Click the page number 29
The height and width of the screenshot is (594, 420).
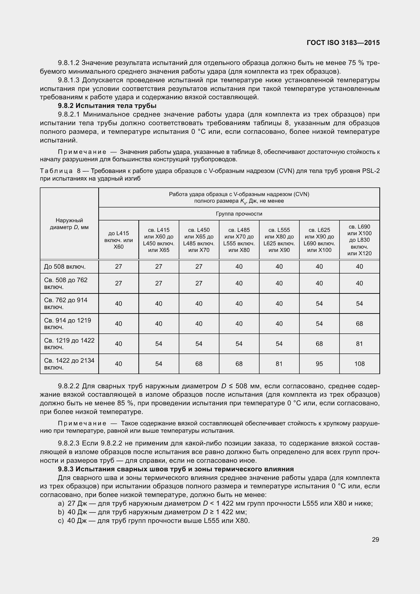[375, 539]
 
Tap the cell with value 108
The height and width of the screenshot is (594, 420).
[359, 364]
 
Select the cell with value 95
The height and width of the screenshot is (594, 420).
[319, 364]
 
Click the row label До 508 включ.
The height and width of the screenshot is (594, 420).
[65, 266]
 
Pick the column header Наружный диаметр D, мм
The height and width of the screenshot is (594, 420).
[69, 224]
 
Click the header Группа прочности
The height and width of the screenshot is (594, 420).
[239, 214]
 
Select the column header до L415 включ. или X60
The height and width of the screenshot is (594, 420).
[118, 240]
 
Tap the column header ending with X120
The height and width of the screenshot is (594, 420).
[359, 240]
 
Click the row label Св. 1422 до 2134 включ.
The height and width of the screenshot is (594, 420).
[69, 364]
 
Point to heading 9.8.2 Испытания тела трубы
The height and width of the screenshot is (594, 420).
[107, 106]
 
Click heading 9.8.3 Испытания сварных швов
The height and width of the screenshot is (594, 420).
[176, 469]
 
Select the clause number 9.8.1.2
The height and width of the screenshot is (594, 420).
[68, 63]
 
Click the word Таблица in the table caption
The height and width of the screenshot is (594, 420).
[56, 171]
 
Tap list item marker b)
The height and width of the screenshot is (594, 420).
[61, 512]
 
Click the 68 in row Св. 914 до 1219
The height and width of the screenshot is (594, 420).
[359, 324]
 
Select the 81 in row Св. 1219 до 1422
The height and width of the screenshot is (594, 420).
[359, 344]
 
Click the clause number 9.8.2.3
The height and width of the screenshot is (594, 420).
[68, 443]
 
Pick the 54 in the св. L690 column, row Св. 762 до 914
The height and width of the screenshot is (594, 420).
[359, 303]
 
